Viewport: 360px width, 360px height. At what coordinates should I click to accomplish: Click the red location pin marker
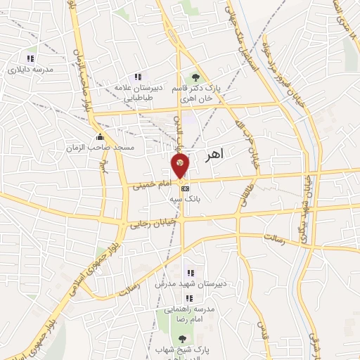[x=179, y=166]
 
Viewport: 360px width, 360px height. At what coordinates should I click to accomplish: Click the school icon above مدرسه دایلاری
[x=29, y=58]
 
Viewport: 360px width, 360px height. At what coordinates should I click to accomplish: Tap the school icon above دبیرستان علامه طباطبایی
[x=137, y=76]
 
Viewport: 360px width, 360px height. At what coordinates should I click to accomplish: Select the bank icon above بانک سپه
[x=185, y=189]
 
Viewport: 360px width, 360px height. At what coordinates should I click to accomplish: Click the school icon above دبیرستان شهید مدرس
[x=189, y=273]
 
